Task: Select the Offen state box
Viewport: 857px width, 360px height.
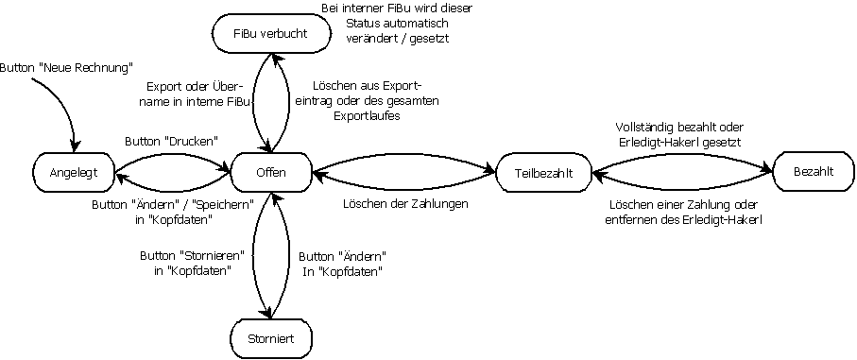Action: (271, 172)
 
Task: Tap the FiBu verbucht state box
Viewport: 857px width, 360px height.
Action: (270, 35)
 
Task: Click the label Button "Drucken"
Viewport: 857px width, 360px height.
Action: (172, 141)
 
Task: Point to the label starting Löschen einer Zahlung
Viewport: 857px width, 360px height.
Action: (682, 212)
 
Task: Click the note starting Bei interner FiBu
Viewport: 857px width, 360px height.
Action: (397, 25)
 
